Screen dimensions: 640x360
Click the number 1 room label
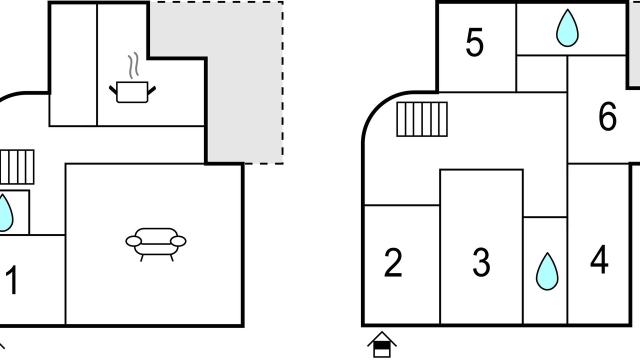(12, 280)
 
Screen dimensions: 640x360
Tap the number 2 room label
(393, 263)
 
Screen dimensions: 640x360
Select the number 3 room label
(481, 263)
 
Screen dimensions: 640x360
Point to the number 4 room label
(599, 259)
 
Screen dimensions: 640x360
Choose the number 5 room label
(474, 42)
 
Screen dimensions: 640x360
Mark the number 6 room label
(607, 116)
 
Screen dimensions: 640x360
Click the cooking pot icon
(132, 92)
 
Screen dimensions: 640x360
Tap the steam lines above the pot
(133, 65)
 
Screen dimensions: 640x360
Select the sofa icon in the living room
(156, 244)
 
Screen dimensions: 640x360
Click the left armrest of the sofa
(133, 241)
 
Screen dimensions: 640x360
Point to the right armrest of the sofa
(178, 241)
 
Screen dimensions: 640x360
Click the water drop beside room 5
(567, 28)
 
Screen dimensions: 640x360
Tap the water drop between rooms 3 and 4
(547, 271)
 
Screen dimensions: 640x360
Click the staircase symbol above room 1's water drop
(17, 167)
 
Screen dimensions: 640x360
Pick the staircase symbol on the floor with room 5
(422, 119)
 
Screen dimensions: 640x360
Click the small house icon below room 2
(382, 344)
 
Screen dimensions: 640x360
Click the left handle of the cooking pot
(113, 89)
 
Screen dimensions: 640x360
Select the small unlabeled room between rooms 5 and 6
(542, 74)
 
